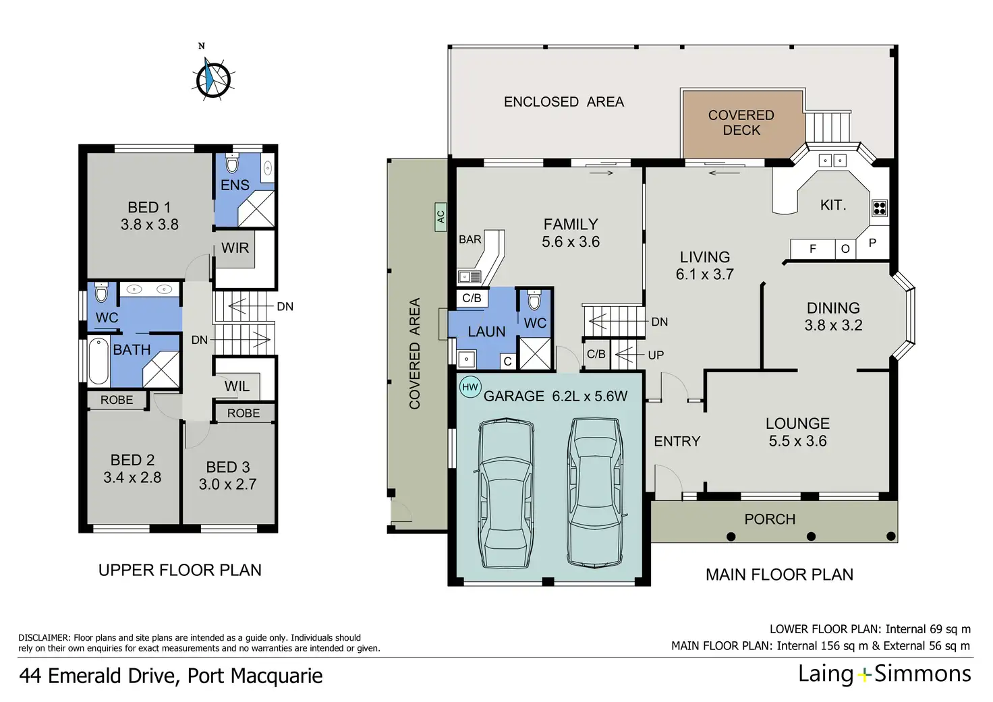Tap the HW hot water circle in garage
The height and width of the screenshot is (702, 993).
pos(470,387)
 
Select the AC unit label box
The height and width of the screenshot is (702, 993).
pos(441,216)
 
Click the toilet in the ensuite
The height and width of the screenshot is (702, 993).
pos(232,163)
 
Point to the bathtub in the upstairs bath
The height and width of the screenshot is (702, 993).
pos(98,361)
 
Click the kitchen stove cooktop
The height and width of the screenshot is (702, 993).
pos(880,208)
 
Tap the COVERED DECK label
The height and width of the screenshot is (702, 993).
pos(741,123)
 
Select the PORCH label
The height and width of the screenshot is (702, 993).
pos(770,519)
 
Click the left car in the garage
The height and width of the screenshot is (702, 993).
pos(506,493)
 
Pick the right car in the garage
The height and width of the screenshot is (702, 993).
pos(596,493)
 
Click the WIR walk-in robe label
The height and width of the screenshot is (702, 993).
pos(235,247)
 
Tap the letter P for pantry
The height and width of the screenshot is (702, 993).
pos(872,243)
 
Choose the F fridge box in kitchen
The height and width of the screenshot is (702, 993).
pos(813,249)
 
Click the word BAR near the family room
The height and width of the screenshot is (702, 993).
pos(470,239)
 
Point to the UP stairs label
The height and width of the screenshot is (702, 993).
pos(656,355)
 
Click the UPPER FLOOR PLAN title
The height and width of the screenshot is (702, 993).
pos(180,570)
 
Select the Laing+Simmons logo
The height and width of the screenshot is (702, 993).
pos(884,674)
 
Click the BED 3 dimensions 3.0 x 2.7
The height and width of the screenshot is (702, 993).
pos(227,484)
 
